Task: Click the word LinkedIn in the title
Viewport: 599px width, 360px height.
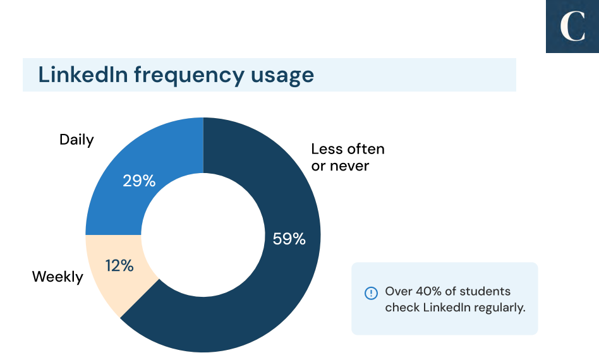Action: pos(83,74)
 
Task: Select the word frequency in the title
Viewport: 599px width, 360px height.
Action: pos(189,76)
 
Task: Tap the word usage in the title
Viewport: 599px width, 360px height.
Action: pos(282,76)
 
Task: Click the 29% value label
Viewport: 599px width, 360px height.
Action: pos(139,181)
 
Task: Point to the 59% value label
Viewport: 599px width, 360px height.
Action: pos(289,239)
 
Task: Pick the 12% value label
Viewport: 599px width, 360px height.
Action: pos(119,266)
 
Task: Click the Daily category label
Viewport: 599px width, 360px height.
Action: pos(76,140)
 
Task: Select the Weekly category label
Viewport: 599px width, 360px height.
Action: pos(57,277)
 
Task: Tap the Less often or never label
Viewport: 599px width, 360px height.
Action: pos(348,157)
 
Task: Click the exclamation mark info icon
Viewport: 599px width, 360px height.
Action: pos(371,293)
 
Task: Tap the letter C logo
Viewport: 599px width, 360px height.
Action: pos(572,27)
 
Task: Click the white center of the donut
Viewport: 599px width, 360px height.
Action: pos(203,235)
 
